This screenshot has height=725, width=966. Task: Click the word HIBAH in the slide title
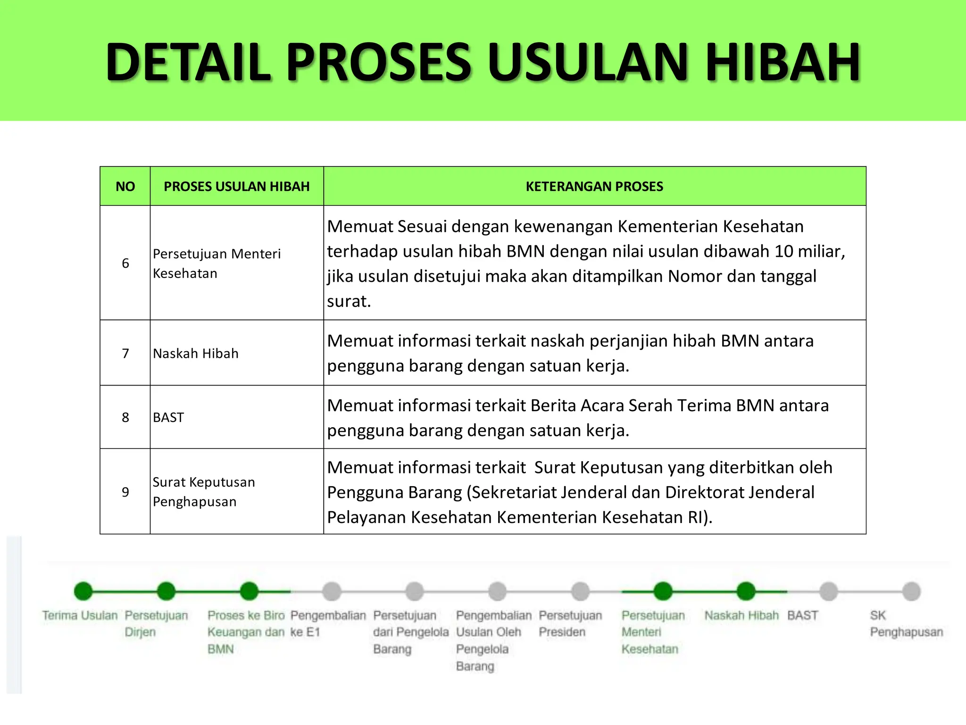(783, 62)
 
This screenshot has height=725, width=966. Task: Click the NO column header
(125, 186)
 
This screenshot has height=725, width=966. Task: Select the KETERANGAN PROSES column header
(594, 186)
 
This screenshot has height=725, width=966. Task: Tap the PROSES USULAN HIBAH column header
(236, 186)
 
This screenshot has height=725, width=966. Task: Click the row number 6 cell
(125, 263)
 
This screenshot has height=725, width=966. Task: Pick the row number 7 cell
(125, 353)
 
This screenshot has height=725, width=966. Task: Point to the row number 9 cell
(125, 492)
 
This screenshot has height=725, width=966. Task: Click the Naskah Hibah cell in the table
(196, 354)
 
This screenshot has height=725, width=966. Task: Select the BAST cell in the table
(168, 417)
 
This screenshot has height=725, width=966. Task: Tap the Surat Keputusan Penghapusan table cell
(203, 491)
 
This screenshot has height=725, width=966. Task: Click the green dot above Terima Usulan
(83, 591)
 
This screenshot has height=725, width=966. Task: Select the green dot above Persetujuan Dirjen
(166, 591)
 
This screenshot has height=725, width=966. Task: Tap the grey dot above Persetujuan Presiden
(580, 591)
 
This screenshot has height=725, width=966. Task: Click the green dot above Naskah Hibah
(746, 591)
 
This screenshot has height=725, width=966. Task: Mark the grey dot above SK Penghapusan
(911, 591)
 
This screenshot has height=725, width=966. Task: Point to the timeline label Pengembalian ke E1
(328, 624)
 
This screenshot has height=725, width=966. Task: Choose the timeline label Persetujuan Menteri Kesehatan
(653, 632)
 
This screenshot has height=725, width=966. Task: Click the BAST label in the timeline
(802, 615)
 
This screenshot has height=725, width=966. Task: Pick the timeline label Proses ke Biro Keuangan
(246, 632)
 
